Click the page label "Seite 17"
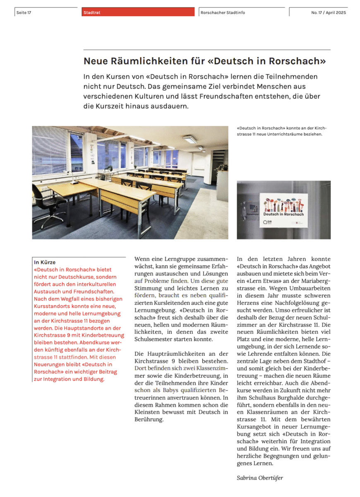pyautogui.click(x=24, y=12)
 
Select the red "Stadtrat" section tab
pyautogui.click(x=92, y=12)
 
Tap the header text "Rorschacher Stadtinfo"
pyautogui.click(x=223, y=12)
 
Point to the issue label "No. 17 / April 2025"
pyautogui.click(x=329, y=12)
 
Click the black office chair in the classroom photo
pyautogui.click(x=48, y=205)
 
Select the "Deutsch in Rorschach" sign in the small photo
pyautogui.click(x=284, y=210)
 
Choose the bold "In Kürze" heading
pyautogui.click(x=45, y=262)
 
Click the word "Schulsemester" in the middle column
pyautogui.click(x=154, y=339)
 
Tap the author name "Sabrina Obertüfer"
pyautogui.click(x=259, y=478)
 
